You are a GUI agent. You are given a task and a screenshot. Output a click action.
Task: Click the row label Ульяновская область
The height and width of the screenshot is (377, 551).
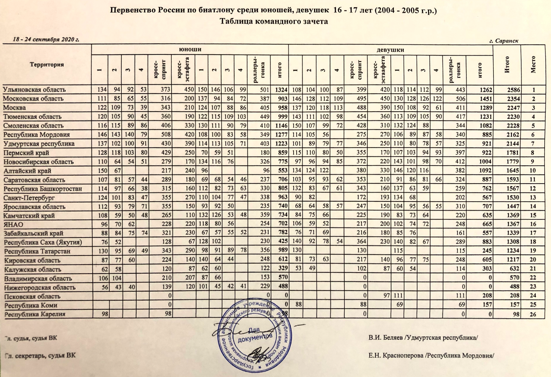[x=34, y=90]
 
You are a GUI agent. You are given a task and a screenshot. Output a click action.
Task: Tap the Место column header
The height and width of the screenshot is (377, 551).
[x=533, y=65]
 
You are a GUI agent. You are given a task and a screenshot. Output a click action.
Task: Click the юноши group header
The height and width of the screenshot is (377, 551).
[x=190, y=49]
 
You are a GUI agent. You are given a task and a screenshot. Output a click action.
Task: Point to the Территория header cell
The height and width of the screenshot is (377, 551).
[x=47, y=65]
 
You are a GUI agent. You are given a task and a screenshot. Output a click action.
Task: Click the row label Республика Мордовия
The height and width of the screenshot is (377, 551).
[x=36, y=135]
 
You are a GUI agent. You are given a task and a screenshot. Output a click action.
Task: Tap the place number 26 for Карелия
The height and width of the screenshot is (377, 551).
[x=533, y=314]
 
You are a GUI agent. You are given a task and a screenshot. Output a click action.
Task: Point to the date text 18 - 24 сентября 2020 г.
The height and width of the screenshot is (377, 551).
[x=46, y=40]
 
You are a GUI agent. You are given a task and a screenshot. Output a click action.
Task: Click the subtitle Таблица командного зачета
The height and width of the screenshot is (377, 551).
[x=274, y=22]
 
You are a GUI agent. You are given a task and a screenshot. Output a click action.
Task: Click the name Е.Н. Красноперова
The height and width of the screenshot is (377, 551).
[x=396, y=356]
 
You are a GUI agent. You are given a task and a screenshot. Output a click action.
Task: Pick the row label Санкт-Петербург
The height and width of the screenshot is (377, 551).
[x=29, y=198]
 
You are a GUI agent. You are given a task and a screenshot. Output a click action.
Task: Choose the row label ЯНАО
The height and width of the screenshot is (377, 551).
[x=13, y=224]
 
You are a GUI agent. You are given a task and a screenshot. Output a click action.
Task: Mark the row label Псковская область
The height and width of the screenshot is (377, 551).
[x=32, y=296]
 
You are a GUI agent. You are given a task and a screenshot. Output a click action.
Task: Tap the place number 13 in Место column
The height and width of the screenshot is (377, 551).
[x=533, y=198]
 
